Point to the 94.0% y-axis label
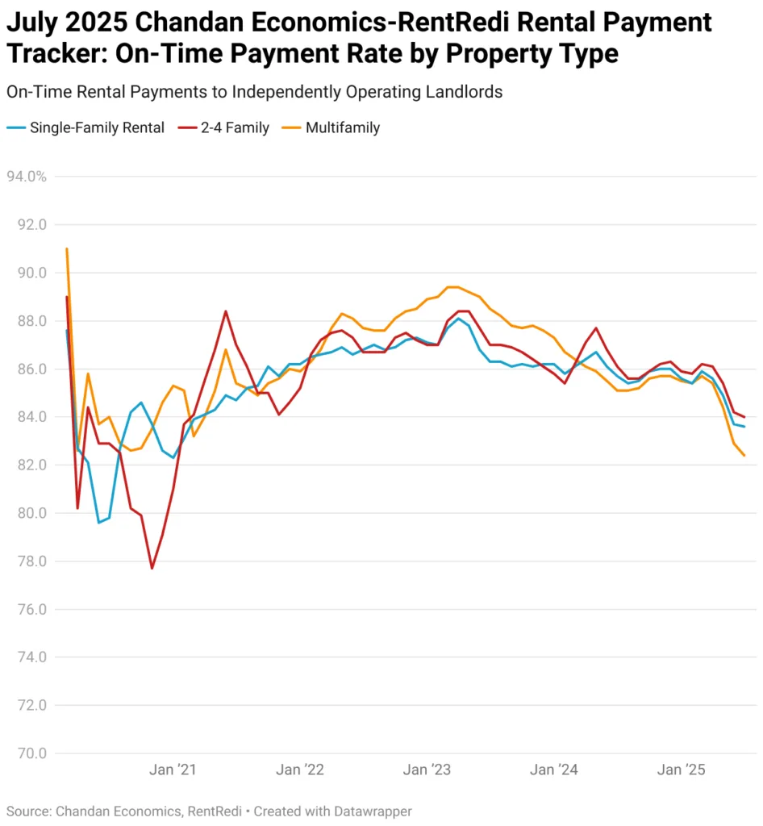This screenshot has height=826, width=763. [x=27, y=176]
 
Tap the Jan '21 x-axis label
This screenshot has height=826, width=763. [x=173, y=770]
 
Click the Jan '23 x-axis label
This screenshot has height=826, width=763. [x=427, y=770]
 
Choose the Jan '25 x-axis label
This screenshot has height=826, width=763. [x=682, y=770]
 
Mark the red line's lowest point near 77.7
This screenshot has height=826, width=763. [x=152, y=569]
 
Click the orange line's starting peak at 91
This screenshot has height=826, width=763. [x=66, y=248]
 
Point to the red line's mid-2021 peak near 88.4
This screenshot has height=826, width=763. [x=226, y=311]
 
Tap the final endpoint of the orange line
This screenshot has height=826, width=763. [x=744, y=456]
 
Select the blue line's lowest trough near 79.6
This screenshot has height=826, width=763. [x=98, y=523]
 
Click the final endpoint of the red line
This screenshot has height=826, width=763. [x=744, y=417]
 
